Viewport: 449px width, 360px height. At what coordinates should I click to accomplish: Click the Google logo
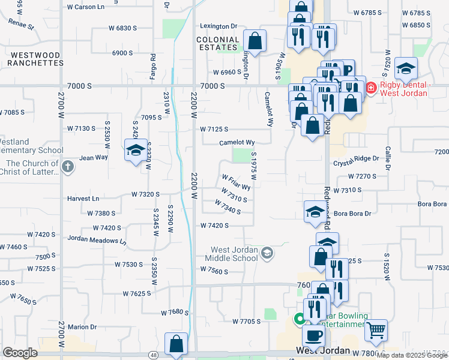coord(20,353)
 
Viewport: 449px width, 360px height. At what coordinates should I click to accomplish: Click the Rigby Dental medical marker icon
coord(370,89)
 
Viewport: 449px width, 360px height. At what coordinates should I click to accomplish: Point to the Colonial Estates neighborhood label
coord(218,43)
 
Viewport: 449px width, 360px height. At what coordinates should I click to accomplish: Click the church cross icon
coord(68,166)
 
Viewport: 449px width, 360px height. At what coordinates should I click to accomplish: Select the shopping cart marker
coord(376,329)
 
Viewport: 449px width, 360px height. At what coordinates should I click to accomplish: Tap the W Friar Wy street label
coord(236,182)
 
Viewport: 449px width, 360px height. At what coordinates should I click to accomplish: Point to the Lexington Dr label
coord(218,26)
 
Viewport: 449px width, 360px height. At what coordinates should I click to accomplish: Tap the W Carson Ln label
coord(85,7)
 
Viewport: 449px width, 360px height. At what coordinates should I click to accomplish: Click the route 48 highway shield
coord(154,355)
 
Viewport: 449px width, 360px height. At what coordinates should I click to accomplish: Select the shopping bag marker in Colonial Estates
coord(255,41)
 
